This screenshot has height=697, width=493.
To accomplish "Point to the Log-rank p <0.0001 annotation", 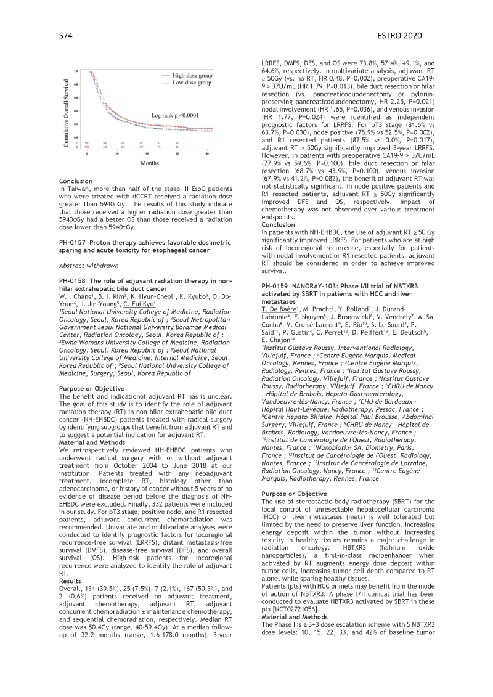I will (178, 115).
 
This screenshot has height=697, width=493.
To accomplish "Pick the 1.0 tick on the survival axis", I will (75, 71).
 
